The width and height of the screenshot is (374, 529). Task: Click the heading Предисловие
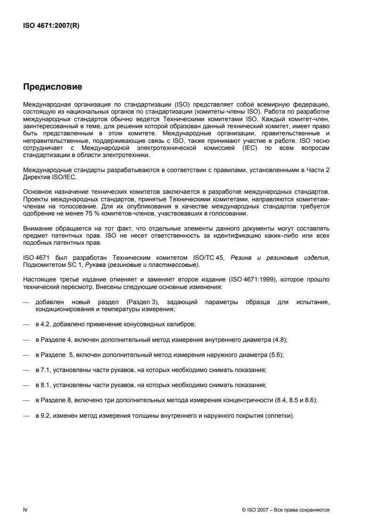point(53,87)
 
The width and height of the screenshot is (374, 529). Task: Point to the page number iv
point(25,510)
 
